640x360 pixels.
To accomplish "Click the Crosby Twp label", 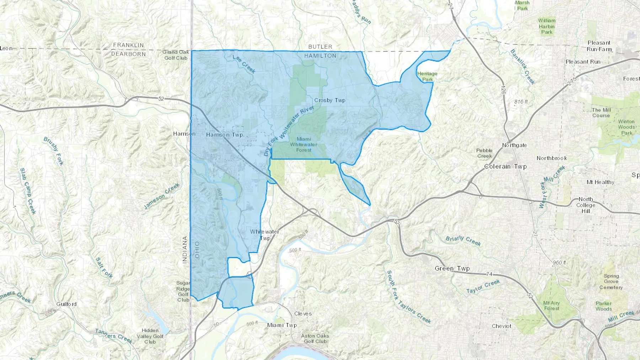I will (330, 100).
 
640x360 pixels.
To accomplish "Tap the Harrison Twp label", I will (224, 135).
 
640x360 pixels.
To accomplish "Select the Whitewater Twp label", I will (265, 235).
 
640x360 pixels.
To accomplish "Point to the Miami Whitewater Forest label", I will (304, 145).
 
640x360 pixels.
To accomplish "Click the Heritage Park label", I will (427, 76).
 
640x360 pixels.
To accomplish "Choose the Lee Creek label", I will (244, 64).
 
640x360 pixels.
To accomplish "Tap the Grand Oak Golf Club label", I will (176, 55).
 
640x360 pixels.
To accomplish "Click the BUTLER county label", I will (320, 47).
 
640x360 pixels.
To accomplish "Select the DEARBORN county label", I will (128, 54).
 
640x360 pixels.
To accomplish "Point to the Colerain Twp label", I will (505, 166).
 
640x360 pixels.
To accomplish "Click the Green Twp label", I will (452, 268).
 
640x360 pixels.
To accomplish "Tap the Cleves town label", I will (303, 313).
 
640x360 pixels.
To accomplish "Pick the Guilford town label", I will (66, 304).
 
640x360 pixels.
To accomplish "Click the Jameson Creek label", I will (161, 196).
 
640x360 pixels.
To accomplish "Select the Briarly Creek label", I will (463, 241).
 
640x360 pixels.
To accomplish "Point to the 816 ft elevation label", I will (521, 102).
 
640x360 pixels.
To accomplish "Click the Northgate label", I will (514, 145).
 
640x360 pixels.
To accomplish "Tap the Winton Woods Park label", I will (626, 127).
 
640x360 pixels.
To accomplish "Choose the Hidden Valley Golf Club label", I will (150, 336).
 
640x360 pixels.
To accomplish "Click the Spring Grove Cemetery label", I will (611, 281).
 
